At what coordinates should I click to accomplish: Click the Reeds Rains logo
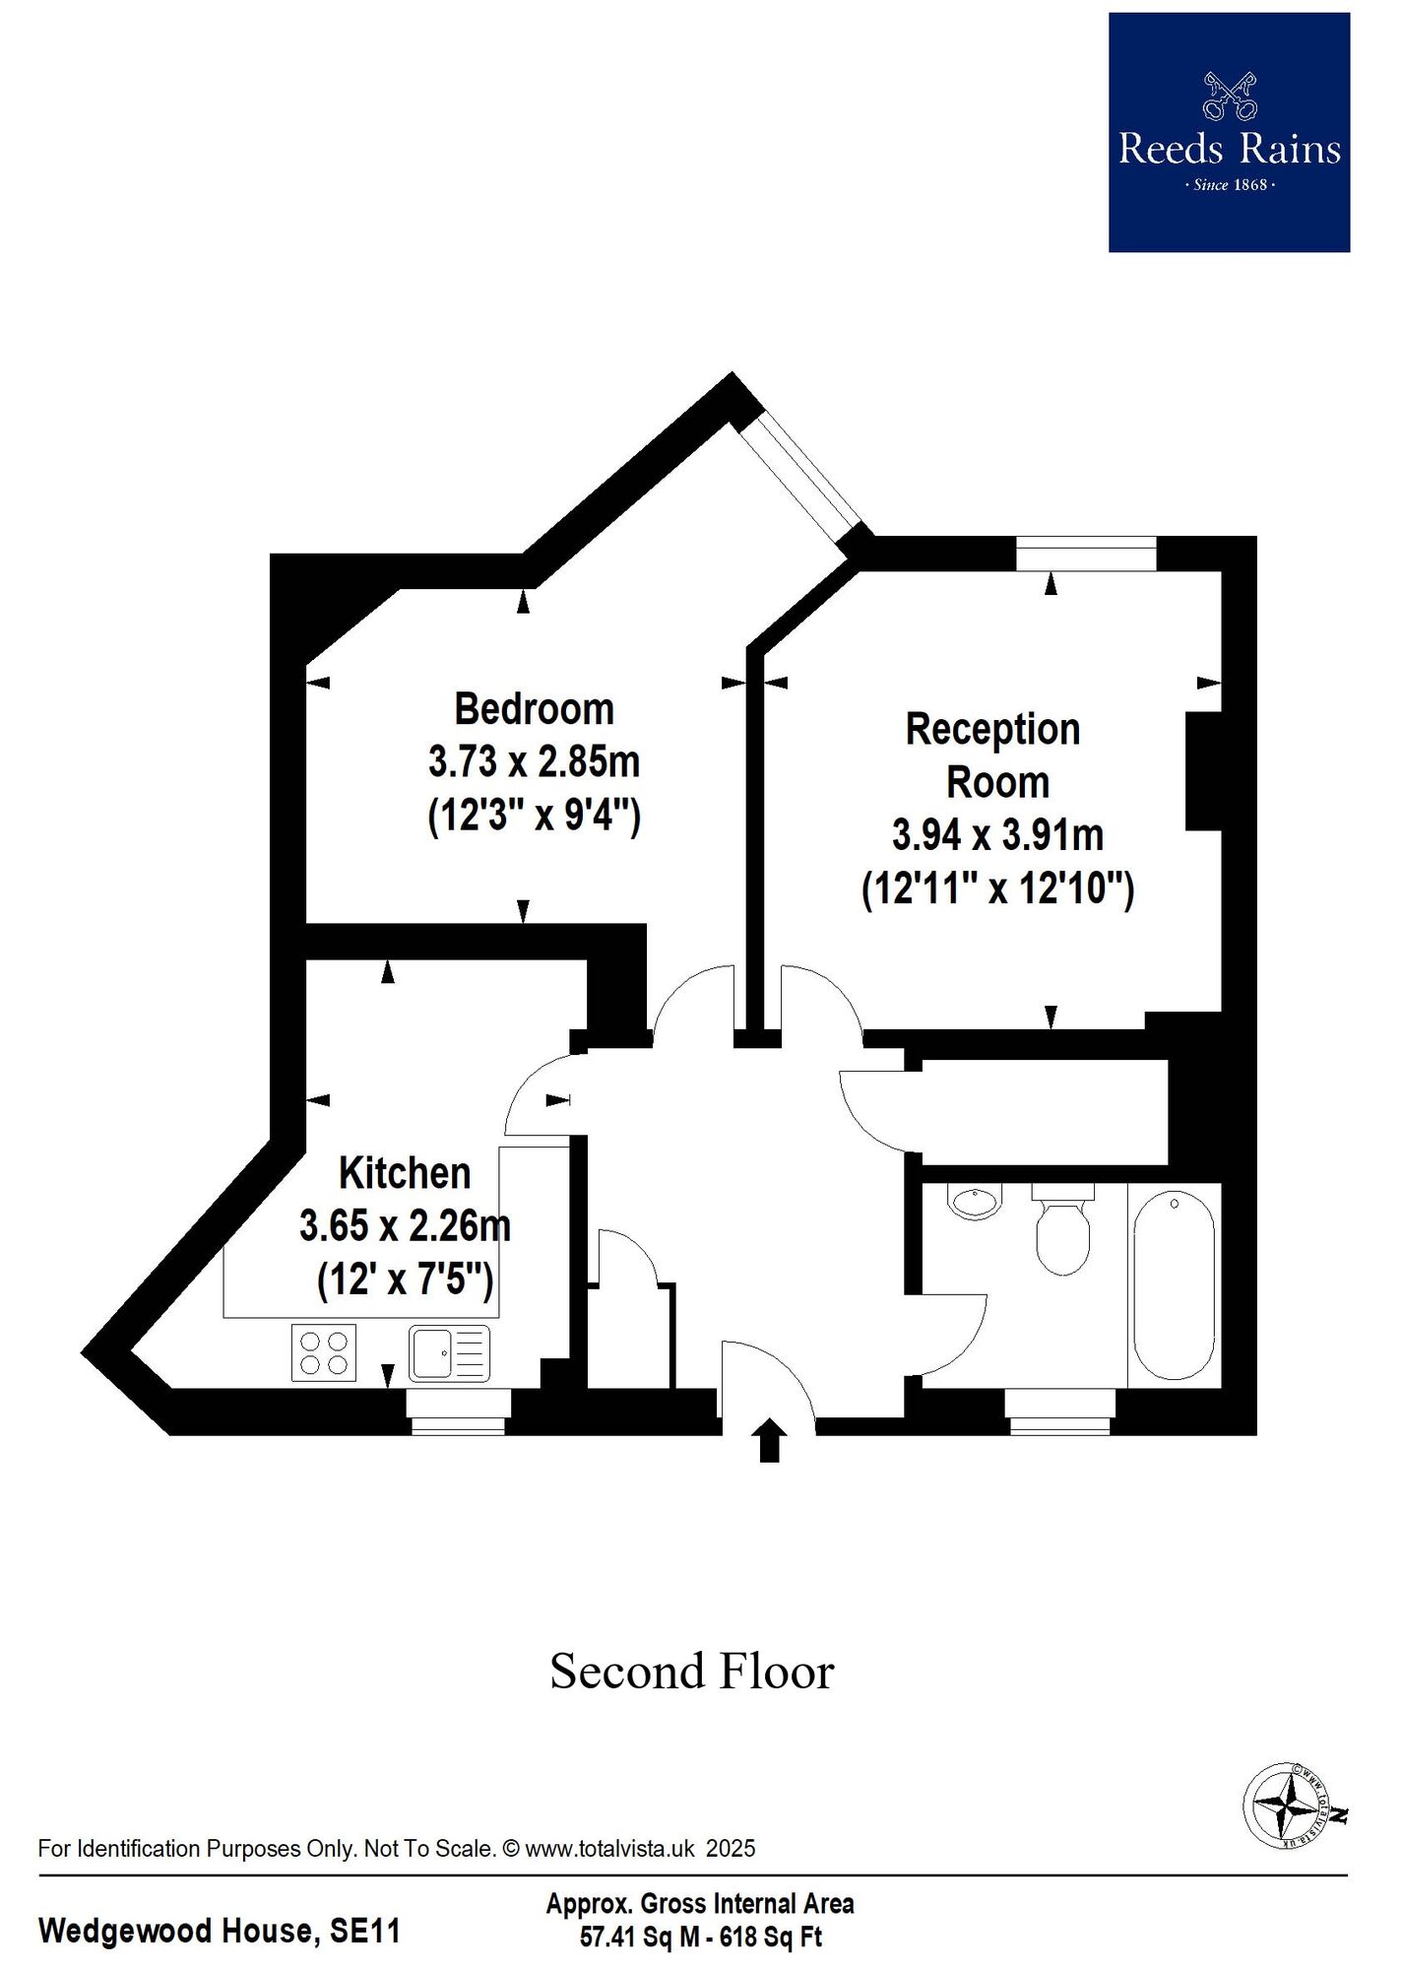click(1229, 132)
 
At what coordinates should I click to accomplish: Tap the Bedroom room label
click(534, 709)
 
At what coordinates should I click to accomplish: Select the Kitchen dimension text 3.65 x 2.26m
click(405, 1227)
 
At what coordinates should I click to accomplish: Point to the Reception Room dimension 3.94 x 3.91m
click(997, 835)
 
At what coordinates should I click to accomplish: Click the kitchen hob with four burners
click(324, 1352)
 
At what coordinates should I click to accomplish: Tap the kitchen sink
click(450, 1353)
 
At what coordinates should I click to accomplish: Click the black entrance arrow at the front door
click(770, 1441)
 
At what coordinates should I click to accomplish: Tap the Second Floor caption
click(692, 1672)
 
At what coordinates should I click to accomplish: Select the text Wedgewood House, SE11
click(220, 1931)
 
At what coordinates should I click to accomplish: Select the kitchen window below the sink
click(458, 1412)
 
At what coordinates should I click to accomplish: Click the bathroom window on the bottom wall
click(1060, 1412)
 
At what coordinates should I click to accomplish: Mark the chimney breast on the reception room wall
click(1203, 771)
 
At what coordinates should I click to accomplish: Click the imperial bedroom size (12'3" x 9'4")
click(534, 816)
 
